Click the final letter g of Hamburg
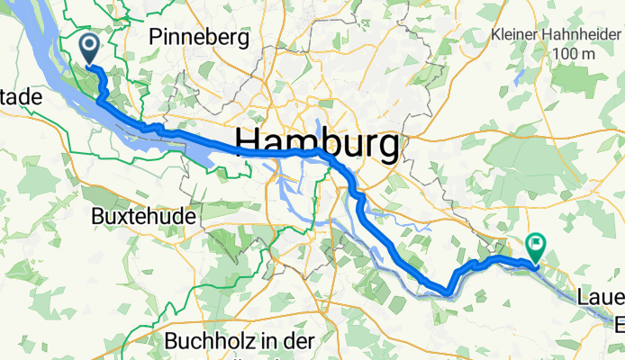coord(386,147)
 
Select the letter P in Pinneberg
coord(159,36)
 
